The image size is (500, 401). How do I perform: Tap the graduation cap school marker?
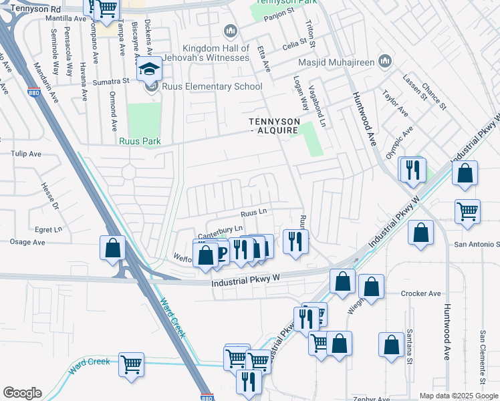click(x=148, y=70)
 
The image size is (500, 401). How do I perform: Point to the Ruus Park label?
click(x=136, y=141)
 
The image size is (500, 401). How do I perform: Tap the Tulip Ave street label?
click(x=25, y=154)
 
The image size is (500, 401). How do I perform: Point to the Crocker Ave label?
click(x=421, y=293)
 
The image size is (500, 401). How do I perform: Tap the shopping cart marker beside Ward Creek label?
click(x=131, y=365)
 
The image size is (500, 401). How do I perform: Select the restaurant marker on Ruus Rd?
click(x=295, y=241)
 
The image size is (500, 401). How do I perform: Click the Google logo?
click(x=22, y=393)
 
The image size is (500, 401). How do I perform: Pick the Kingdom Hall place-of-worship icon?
click(x=231, y=30)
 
